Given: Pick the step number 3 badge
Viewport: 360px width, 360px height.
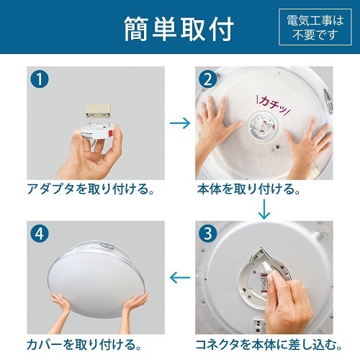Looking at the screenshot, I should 209,233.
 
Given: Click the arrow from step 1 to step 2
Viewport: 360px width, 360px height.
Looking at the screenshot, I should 179,123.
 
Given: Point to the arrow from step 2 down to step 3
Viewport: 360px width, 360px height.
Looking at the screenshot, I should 264,210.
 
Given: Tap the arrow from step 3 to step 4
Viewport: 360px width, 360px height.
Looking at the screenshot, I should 179,276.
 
